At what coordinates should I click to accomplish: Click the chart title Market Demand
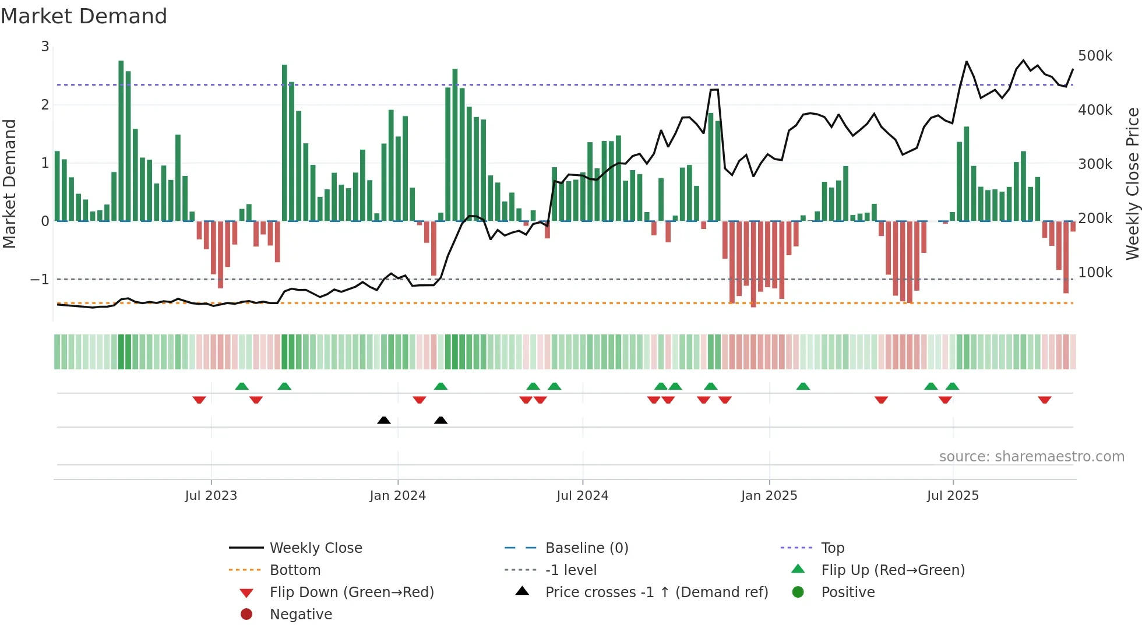click(84, 16)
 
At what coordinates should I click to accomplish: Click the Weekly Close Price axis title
click(1132, 184)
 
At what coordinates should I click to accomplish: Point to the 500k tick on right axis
click(1095, 56)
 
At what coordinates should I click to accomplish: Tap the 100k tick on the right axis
click(1095, 273)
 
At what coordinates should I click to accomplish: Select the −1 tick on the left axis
click(40, 280)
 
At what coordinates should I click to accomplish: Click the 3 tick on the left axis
click(45, 47)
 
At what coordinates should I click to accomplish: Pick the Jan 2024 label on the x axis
click(397, 496)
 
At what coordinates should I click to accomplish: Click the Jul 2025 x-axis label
click(953, 496)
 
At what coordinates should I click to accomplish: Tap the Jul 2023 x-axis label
click(211, 496)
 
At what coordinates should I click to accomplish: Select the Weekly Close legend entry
click(315, 548)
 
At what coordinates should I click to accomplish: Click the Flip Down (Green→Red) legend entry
click(351, 592)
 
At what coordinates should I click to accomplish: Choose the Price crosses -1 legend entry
click(656, 592)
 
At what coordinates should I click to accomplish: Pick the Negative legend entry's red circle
click(246, 615)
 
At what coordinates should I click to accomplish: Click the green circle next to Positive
click(798, 592)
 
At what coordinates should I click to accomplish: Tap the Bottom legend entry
click(295, 570)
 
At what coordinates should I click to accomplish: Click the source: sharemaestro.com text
click(1031, 457)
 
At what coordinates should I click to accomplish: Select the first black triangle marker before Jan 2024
click(383, 420)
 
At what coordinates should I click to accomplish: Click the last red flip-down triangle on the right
click(1044, 400)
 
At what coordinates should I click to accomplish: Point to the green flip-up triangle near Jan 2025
click(803, 386)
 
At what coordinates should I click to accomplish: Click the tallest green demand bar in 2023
click(121, 140)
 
